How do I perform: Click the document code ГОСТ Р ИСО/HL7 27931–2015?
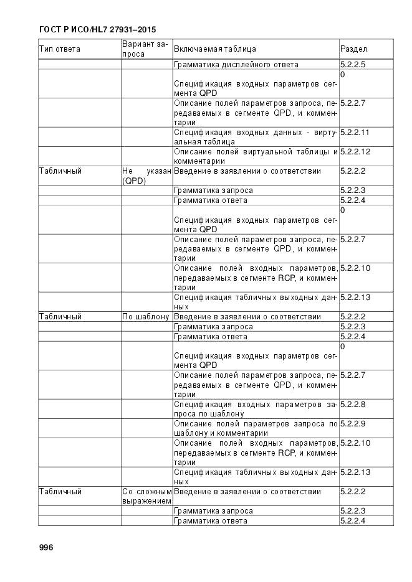(x=97, y=29)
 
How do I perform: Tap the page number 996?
(x=47, y=548)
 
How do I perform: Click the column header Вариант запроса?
(x=145, y=49)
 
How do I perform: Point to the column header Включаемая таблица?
(x=215, y=49)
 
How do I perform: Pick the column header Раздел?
(x=353, y=49)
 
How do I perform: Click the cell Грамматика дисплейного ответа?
(x=236, y=65)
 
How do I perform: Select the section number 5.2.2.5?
(x=353, y=65)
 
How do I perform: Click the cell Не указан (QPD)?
(x=146, y=176)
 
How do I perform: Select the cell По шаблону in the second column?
(x=146, y=317)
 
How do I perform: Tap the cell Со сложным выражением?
(x=146, y=496)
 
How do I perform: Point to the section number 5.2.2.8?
(x=353, y=404)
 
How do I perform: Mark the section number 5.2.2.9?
(x=353, y=424)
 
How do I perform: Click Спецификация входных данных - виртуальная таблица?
(x=255, y=136)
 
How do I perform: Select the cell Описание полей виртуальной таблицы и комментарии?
(x=255, y=156)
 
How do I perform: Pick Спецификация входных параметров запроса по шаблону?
(x=255, y=409)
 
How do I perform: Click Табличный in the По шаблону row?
(x=60, y=317)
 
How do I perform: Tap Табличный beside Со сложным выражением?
(x=60, y=492)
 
